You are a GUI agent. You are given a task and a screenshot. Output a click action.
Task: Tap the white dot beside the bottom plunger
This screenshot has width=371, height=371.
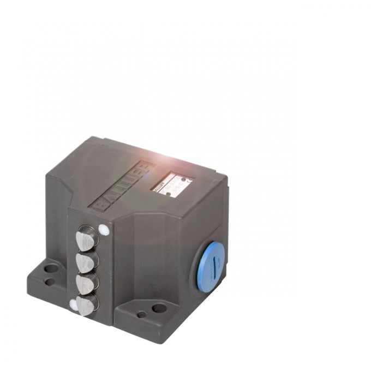(x=73, y=302)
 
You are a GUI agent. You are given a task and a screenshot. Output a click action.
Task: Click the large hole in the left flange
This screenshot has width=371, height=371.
(x=51, y=268)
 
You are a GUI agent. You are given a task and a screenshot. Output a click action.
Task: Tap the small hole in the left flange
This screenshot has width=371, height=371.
(x=49, y=282)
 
